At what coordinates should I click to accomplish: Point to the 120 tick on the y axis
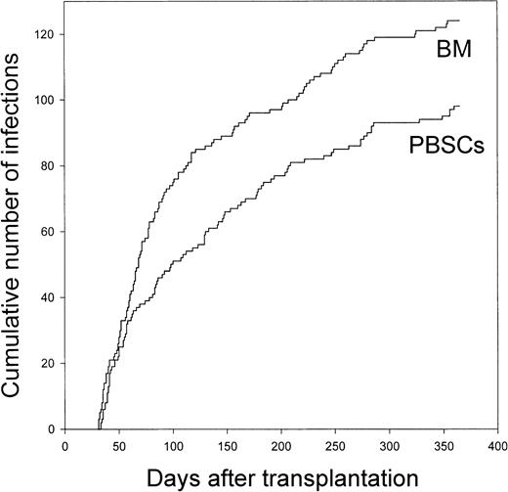pos(46,34)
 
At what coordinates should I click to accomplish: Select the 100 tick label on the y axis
pos(46,100)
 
